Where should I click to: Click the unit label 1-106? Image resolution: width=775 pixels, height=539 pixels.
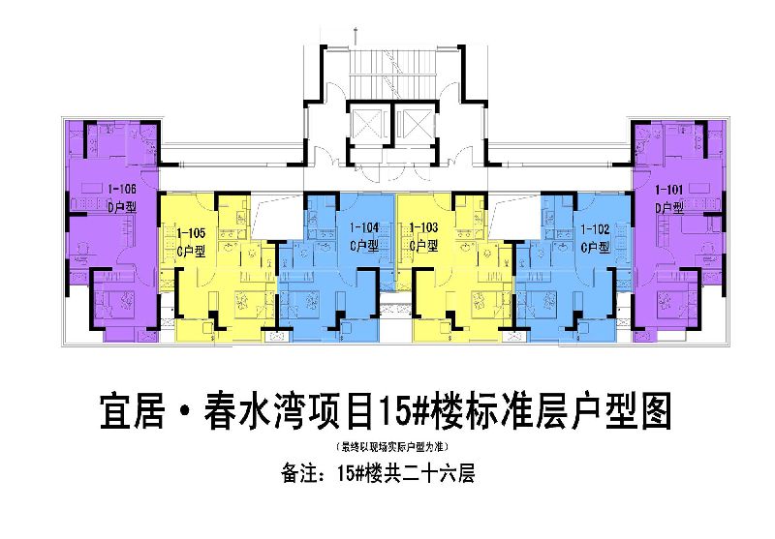[x=121, y=189]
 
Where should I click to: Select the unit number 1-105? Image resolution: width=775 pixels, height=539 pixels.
[x=191, y=232]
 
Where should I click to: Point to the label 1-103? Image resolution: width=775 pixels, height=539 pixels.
[x=424, y=228]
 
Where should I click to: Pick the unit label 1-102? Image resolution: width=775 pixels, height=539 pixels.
[x=594, y=229]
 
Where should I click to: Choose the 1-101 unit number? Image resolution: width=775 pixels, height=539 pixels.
[x=669, y=189]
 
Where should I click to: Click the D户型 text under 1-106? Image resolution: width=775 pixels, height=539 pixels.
[x=122, y=206]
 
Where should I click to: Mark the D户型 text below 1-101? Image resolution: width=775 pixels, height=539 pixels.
[x=669, y=207]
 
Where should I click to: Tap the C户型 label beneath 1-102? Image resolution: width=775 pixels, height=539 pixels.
[x=594, y=247]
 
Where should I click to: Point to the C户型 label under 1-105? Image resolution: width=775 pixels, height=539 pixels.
[x=191, y=250]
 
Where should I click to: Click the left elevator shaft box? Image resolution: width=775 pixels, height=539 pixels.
[x=367, y=123]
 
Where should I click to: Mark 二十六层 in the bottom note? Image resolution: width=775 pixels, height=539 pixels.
[x=442, y=474]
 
